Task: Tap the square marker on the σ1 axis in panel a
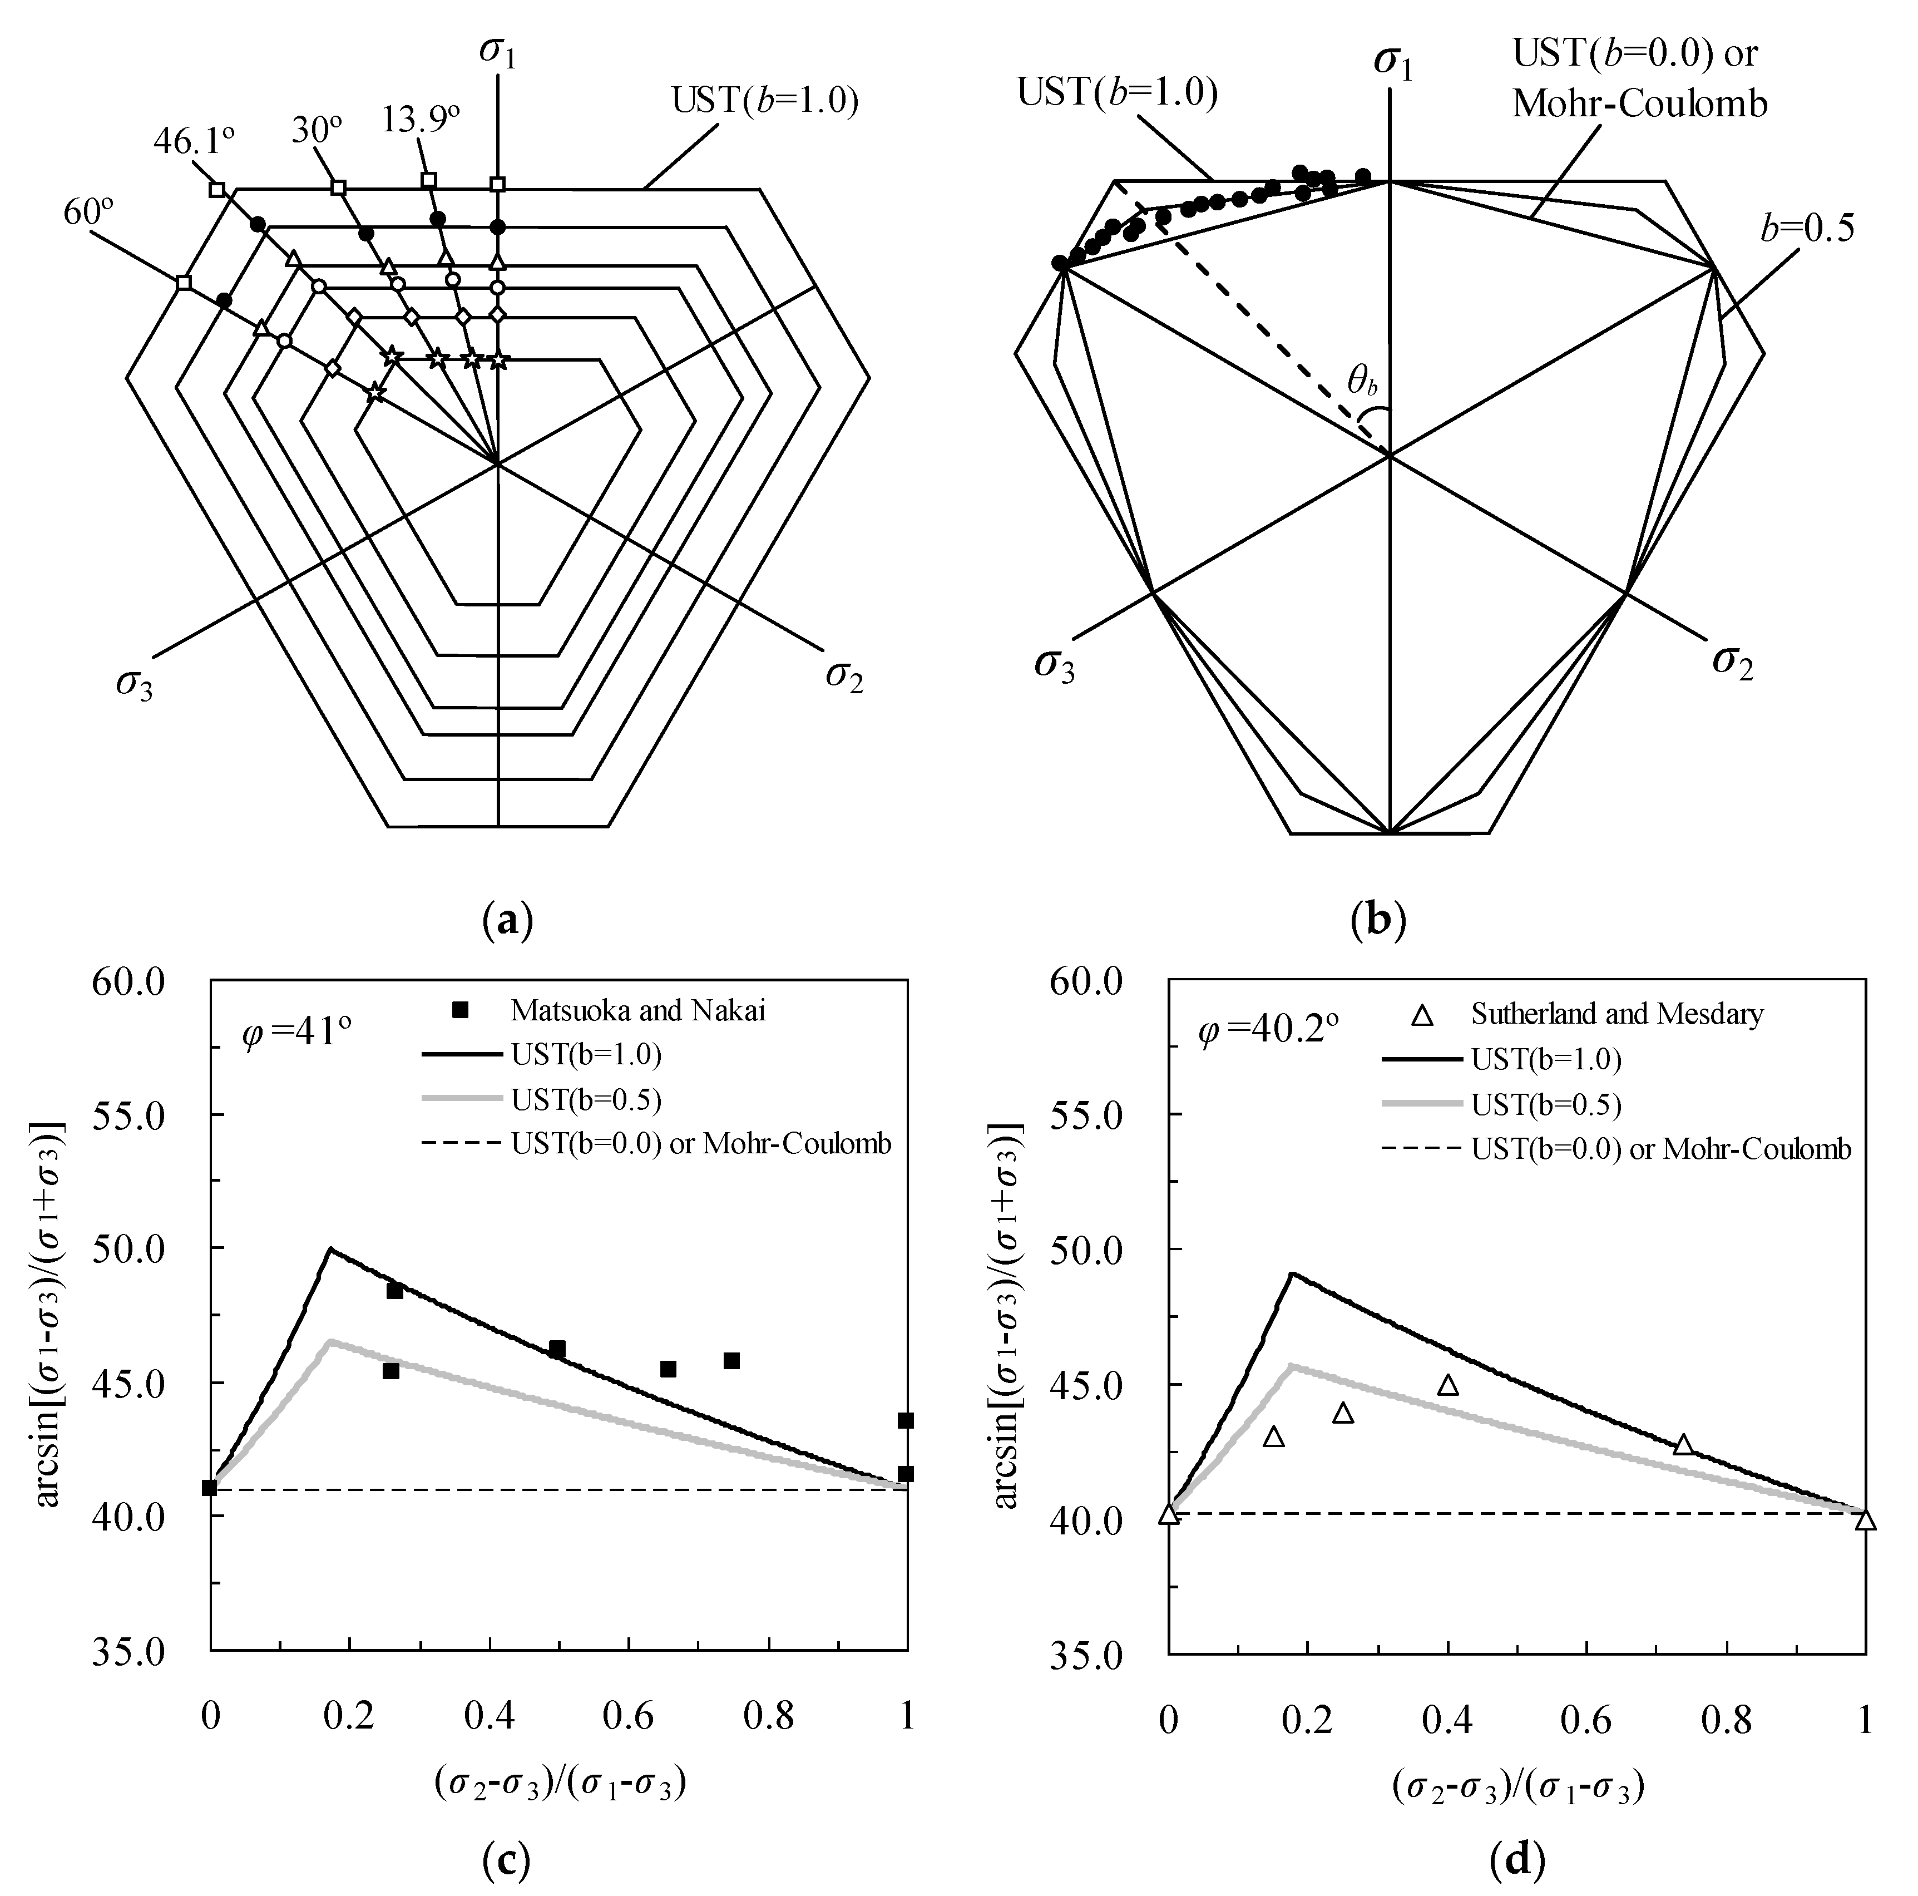click(497, 185)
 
